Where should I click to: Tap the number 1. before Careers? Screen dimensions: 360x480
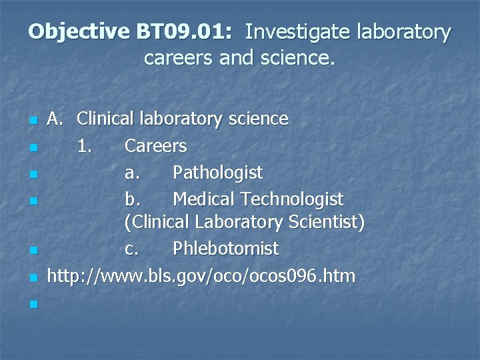[x=85, y=145]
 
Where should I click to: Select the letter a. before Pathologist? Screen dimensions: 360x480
[x=132, y=173]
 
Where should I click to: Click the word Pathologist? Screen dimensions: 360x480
[x=217, y=173]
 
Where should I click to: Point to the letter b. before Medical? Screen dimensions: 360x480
[x=132, y=199]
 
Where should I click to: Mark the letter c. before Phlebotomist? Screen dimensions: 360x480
[x=132, y=249]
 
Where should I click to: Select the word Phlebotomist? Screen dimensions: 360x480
[x=225, y=249]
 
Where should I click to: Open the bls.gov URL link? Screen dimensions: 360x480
[x=201, y=275]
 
